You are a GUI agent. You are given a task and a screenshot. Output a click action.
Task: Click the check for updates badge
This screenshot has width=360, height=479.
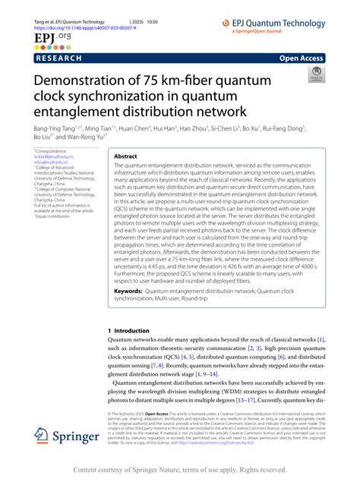[314, 74]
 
